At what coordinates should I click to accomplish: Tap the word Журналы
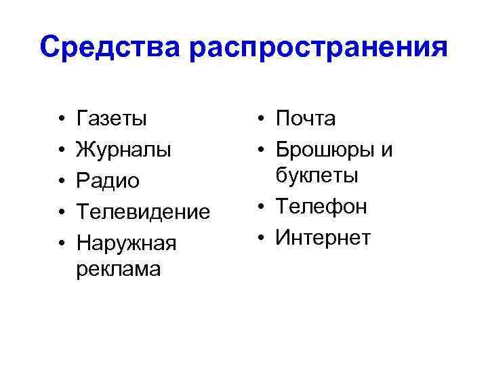tap(124, 150)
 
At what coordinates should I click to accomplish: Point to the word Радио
tap(108, 181)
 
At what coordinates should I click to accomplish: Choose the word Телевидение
tap(144, 211)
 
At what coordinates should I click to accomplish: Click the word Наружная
tap(127, 243)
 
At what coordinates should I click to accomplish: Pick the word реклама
tap(119, 268)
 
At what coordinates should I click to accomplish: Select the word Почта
tap(306, 119)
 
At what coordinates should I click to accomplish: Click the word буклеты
tap(317, 176)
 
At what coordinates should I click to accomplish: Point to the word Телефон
tap(322, 207)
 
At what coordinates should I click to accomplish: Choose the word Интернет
tap(323, 237)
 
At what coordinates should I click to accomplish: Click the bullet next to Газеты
tap(61, 121)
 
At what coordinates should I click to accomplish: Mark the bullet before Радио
tap(61, 182)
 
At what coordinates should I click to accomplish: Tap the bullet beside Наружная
tap(61, 243)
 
